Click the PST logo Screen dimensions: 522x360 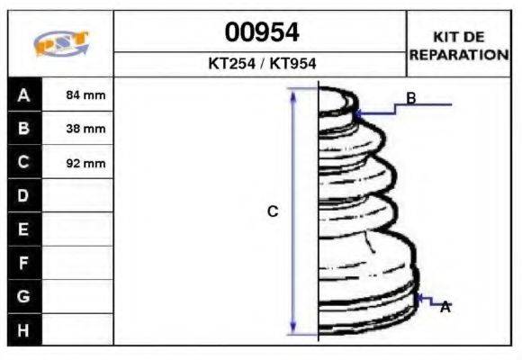(61, 43)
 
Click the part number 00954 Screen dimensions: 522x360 (262, 32)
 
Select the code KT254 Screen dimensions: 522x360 (231, 63)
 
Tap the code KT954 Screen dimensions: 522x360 (292, 63)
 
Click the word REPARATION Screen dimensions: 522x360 (459, 55)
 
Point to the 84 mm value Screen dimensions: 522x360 (85, 94)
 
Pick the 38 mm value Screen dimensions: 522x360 (85, 129)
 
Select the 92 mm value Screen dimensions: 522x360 (85, 163)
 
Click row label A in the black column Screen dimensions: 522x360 (23, 95)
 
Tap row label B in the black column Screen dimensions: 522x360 (23, 128)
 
